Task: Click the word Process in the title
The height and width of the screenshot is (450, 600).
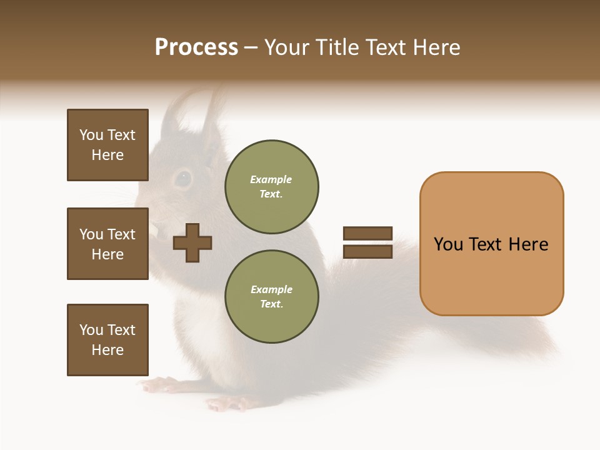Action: [x=196, y=47]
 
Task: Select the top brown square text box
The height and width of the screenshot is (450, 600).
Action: [x=107, y=145]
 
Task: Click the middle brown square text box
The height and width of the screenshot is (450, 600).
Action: [x=107, y=244]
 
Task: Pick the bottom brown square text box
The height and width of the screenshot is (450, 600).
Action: [x=107, y=340]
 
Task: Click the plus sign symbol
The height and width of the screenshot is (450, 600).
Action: [x=192, y=242]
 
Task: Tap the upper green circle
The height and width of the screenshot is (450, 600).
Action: [x=271, y=187]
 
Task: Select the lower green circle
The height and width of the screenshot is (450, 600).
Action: [x=271, y=297]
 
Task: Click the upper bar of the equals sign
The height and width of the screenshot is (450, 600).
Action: [x=367, y=234]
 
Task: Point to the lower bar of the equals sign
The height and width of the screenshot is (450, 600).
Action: [x=367, y=252]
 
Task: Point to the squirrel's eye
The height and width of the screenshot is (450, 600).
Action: [x=182, y=179]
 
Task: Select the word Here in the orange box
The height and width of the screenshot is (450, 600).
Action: [x=528, y=244]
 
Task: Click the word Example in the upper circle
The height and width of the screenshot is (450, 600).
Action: [x=271, y=179]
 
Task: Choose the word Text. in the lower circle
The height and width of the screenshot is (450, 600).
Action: [x=271, y=304]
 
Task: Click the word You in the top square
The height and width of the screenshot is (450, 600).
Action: [x=91, y=135]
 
